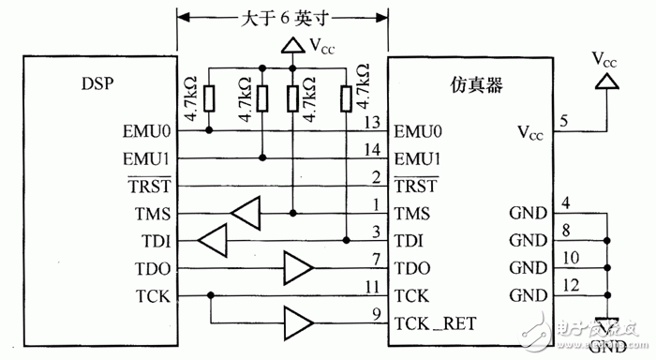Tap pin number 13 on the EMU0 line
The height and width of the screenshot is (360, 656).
(374, 122)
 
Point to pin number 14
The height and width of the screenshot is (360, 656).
(374, 148)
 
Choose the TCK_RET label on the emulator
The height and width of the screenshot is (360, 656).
(436, 323)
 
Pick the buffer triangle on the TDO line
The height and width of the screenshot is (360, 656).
(299, 268)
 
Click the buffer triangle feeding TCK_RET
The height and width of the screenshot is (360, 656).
(299, 323)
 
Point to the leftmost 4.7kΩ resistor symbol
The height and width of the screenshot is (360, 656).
(209, 97)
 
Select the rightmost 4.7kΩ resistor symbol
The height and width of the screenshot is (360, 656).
(348, 97)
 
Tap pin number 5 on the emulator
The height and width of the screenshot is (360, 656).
(562, 121)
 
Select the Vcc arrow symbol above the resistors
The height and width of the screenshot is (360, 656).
(292, 45)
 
